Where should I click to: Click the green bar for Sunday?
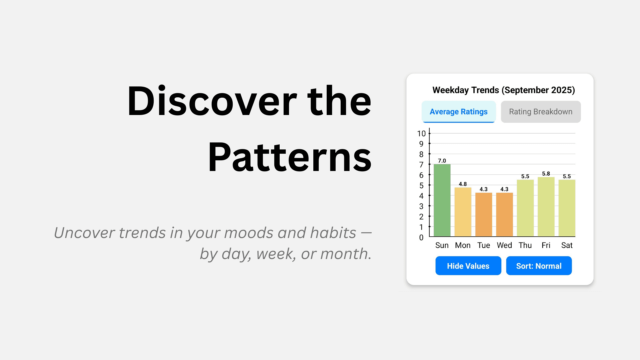(x=442, y=200)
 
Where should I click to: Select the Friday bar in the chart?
(x=546, y=207)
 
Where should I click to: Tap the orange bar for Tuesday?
(x=484, y=215)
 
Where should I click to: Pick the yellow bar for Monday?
(x=463, y=212)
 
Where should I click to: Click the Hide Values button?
(x=468, y=266)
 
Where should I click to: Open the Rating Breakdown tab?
(x=541, y=112)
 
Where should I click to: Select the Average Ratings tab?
(x=458, y=112)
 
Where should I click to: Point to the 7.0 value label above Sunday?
(x=442, y=161)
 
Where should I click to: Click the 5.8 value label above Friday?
(x=546, y=174)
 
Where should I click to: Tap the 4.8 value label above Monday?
(x=463, y=184)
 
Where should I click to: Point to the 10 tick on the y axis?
(x=421, y=134)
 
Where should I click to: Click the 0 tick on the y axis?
(x=421, y=238)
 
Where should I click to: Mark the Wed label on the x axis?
(x=504, y=245)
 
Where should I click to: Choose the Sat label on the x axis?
(x=567, y=245)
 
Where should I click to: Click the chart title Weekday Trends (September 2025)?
(x=503, y=90)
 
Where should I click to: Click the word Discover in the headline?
(x=212, y=101)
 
